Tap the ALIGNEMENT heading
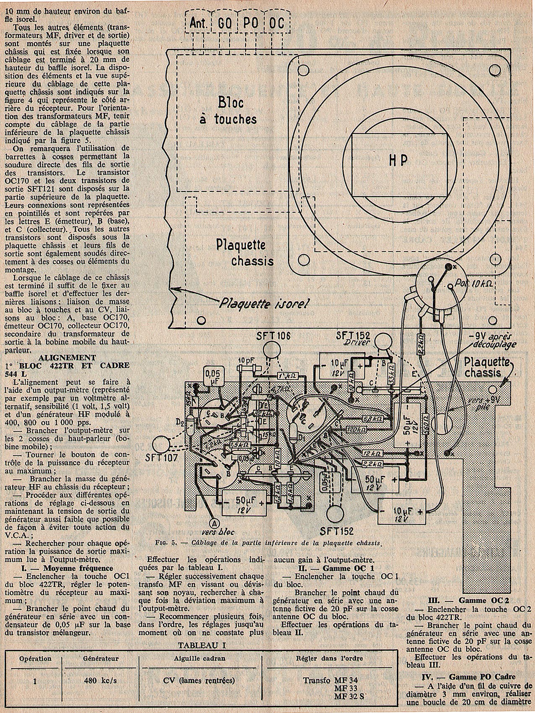pyautogui.click(x=72, y=357)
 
